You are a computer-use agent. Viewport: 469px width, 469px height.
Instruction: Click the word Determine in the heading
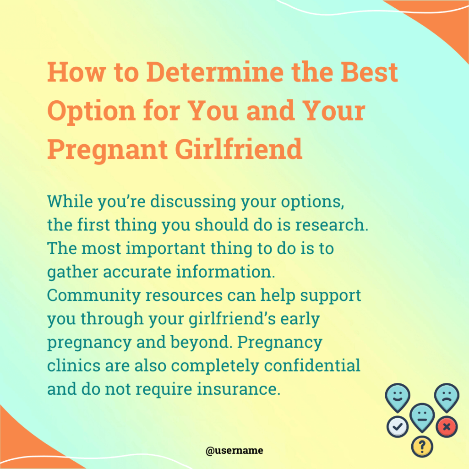215,72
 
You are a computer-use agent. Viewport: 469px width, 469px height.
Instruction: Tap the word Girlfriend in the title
239,149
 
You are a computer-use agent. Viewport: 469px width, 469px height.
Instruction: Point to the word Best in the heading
370,72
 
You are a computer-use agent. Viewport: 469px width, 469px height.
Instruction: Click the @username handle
234,451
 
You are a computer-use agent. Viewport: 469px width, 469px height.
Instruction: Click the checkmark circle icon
398,427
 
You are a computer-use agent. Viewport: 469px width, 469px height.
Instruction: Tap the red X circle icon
447,427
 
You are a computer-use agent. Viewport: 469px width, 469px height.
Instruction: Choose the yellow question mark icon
422,447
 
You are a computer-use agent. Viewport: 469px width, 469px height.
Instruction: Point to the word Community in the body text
94,295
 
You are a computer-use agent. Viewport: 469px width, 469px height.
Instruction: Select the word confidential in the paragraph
312,365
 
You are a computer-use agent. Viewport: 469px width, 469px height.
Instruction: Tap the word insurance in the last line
239,389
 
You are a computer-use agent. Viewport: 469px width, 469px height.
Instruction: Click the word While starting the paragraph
70,202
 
